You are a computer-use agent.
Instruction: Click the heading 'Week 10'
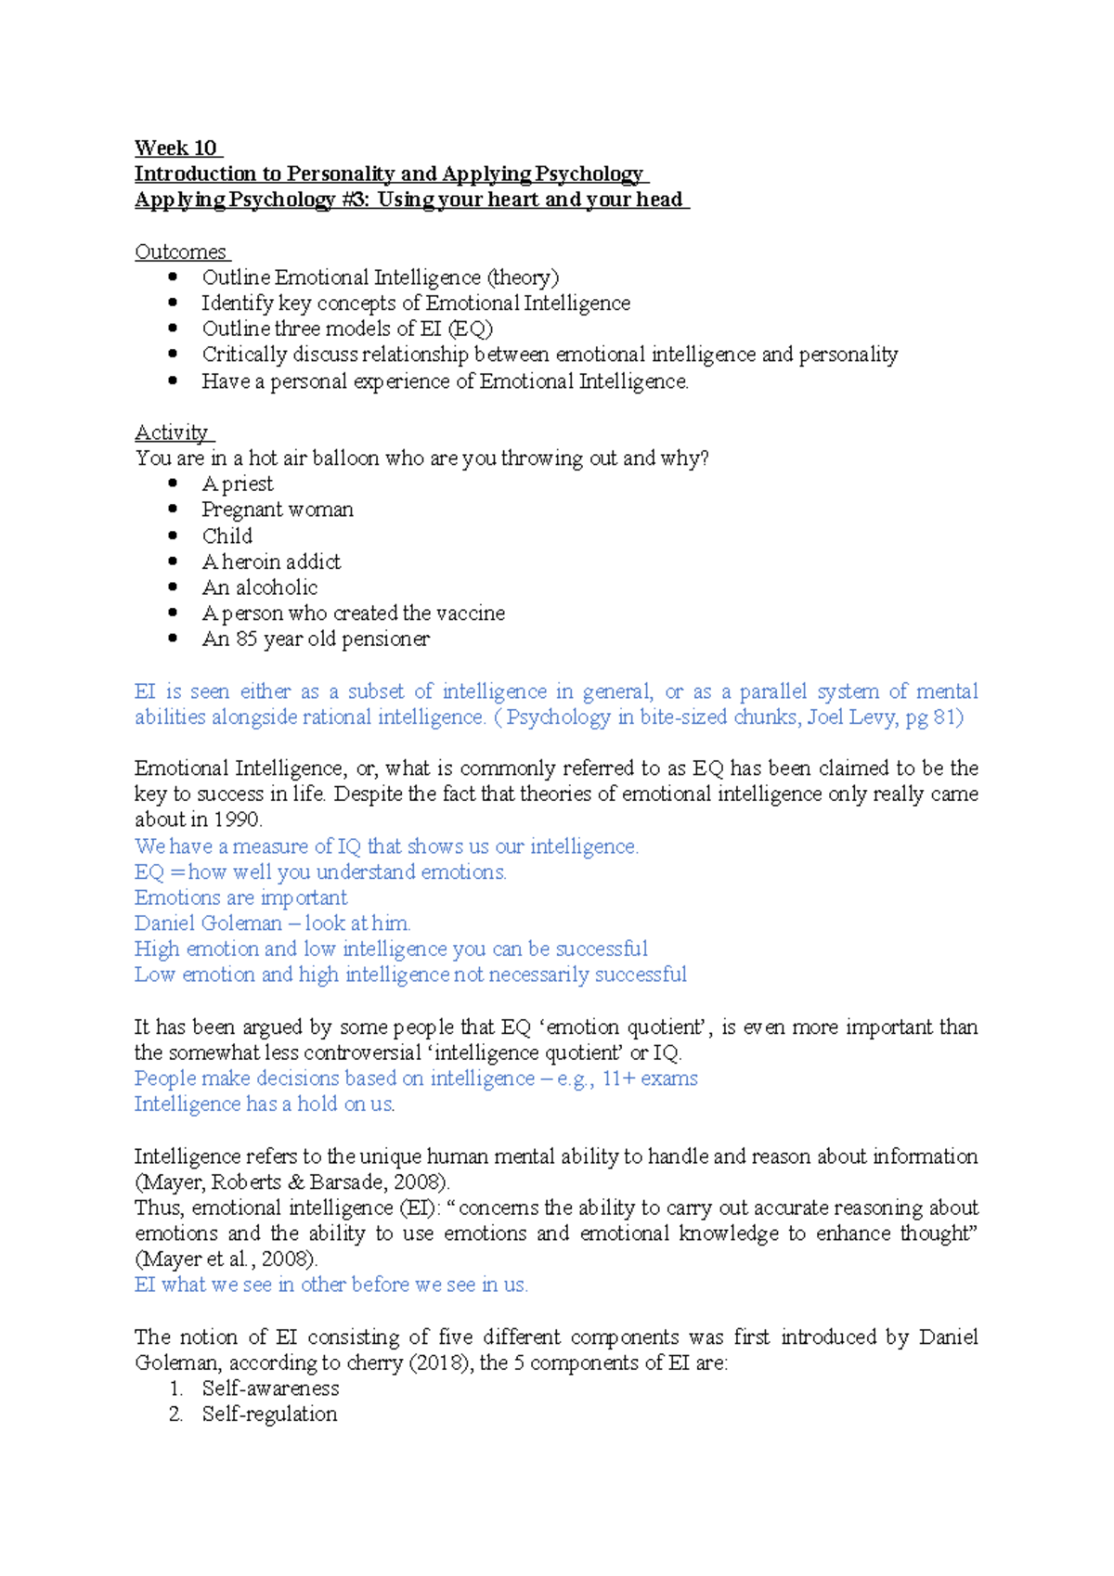pyautogui.click(x=175, y=149)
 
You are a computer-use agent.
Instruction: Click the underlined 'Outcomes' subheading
pyautogui.click(x=180, y=252)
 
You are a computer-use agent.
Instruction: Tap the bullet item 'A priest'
pyautogui.click(x=238, y=484)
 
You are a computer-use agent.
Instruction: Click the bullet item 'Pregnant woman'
pyautogui.click(x=278, y=510)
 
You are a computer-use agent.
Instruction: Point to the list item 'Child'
pyautogui.click(x=227, y=536)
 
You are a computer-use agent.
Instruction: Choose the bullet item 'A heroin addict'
pyautogui.click(x=271, y=562)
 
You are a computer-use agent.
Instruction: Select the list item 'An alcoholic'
pyautogui.click(x=260, y=588)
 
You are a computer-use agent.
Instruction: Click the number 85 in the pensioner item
pyautogui.click(x=246, y=639)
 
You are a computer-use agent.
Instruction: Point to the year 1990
pyautogui.click(x=237, y=820)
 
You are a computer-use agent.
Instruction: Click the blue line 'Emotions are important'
pyautogui.click(x=240, y=898)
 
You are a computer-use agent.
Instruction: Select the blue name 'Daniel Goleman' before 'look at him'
pyautogui.click(x=208, y=924)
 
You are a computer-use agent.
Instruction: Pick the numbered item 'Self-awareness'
pyautogui.click(x=270, y=1389)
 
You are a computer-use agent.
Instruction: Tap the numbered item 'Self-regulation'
pyautogui.click(x=269, y=1415)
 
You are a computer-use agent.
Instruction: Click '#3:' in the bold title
pyautogui.click(x=354, y=200)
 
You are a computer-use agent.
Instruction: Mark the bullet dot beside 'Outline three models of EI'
pyautogui.click(x=173, y=328)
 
